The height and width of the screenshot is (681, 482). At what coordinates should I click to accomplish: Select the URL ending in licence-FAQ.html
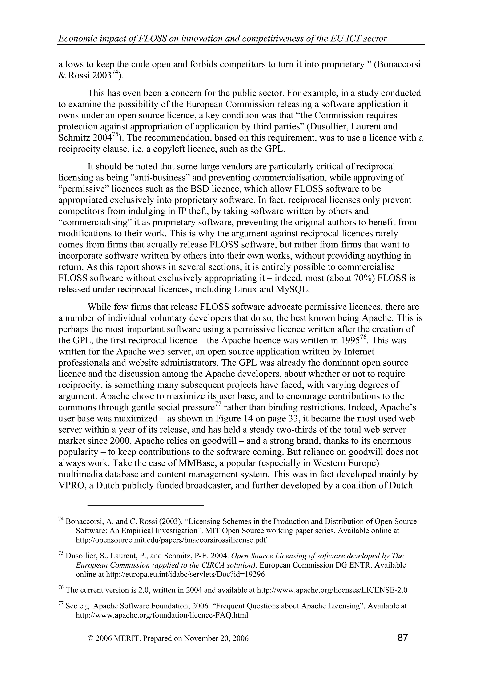point(162,615)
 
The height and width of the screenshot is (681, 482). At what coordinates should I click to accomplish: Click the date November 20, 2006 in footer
point(216,638)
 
